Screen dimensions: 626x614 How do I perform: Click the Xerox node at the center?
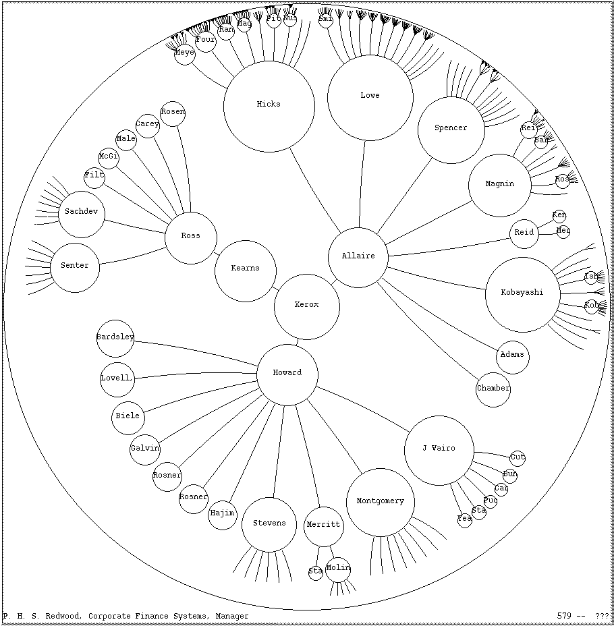click(x=306, y=306)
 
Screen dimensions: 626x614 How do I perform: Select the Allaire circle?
click(x=358, y=257)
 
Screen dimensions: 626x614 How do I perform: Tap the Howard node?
click(x=287, y=374)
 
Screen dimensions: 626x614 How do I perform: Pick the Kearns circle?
click(x=245, y=270)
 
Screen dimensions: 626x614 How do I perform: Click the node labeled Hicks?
click(x=269, y=105)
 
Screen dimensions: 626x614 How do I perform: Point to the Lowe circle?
click(x=370, y=96)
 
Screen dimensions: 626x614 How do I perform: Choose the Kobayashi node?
click(x=522, y=293)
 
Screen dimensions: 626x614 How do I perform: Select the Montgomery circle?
click(x=380, y=502)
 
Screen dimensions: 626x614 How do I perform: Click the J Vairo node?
click(x=439, y=449)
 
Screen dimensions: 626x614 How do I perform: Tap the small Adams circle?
click(x=512, y=356)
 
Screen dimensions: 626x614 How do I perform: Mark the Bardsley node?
click(x=115, y=338)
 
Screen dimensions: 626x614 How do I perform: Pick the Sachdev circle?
click(x=81, y=213)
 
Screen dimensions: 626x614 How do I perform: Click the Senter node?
click(x=74, y=267)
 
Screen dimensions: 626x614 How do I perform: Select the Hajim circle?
click(x=222, y=515)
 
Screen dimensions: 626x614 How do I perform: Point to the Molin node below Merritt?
click(x=338, y=569)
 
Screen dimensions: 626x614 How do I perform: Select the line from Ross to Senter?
click(x=132, y=256)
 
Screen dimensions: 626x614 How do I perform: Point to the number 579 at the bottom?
click(x=565, y=616)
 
